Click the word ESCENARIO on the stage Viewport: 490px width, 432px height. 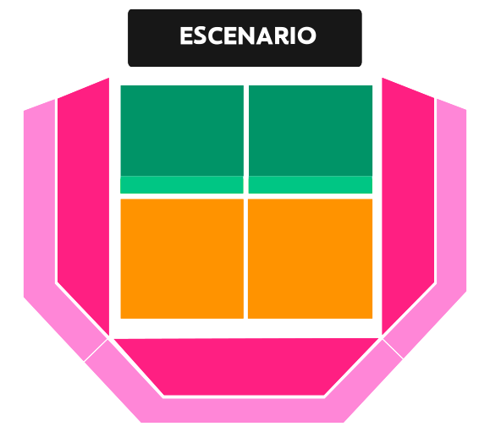(248, 36)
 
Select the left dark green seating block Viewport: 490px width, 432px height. (182, 130)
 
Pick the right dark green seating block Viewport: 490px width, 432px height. (311, 130)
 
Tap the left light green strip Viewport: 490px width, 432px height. (182, 185)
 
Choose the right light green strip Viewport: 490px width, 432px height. (311, 185)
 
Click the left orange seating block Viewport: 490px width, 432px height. (182, 259)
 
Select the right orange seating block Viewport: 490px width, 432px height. (310, 259)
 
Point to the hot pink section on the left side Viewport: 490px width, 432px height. (84, 200)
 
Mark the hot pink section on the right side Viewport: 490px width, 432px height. (408, 200)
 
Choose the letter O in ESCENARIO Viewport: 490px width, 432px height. (306, 36)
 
